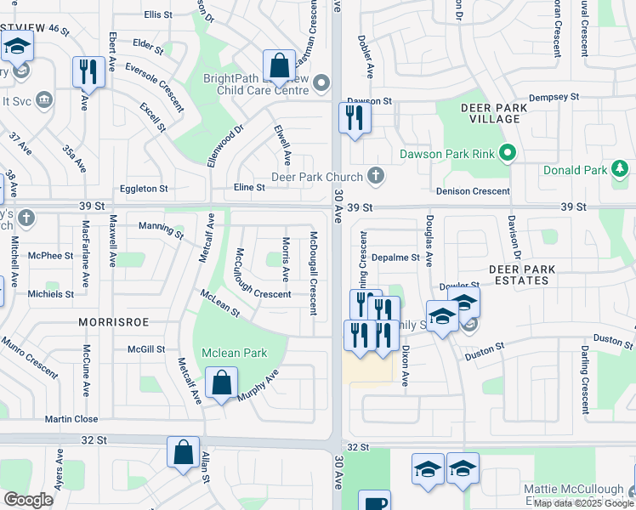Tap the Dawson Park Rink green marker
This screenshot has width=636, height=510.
point(508,154)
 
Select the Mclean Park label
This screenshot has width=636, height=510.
point(234,353)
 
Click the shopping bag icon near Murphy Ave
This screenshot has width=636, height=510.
point(221,383)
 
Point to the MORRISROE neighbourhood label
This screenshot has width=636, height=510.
point(109,323)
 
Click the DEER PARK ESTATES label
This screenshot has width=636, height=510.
point(522,275)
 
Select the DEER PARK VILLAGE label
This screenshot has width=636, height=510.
point(502,113)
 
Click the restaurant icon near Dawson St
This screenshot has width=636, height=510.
point(355,117)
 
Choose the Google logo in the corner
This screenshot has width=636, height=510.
point(28,499)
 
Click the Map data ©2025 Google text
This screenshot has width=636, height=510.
point(583,503)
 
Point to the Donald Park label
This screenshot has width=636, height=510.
point(576,171)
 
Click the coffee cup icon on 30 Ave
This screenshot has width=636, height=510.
point(374,502)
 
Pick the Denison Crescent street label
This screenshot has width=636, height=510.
point(472,192)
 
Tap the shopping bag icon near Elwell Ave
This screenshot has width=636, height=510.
point(278,65)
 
